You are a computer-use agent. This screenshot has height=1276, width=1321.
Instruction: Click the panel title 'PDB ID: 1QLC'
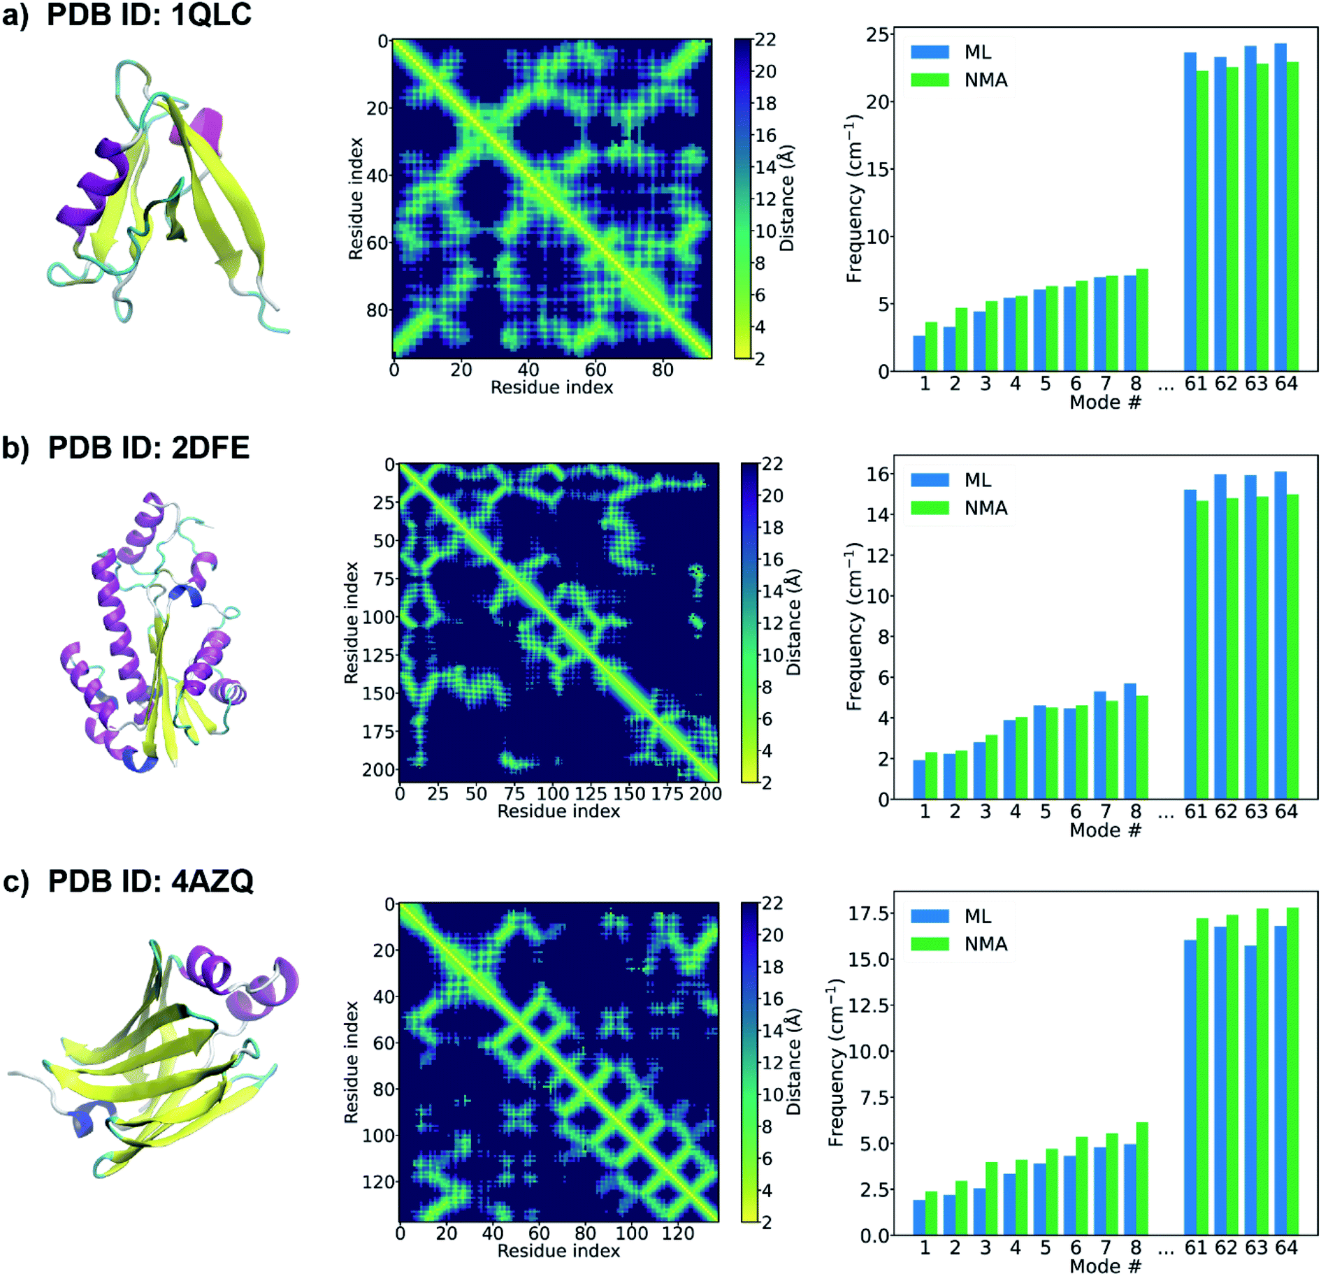(x=148, y=15)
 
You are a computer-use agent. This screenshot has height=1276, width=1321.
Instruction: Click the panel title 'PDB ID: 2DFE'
(x=148, y=448)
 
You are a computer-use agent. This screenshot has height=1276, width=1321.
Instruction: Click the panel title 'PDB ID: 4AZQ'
(x=150, y=881)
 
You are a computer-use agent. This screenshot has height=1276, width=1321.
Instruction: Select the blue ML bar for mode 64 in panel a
(x=1280, y=210)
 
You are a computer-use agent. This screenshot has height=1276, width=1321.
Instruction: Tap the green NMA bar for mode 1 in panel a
(x=931, y=347)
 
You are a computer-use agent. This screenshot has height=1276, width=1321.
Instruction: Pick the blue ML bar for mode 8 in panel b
(x=1129, y=742)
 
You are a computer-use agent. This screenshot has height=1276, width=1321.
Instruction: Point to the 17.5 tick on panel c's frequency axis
(x=869, y=913)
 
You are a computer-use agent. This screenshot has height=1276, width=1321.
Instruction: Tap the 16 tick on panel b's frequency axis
(x=878, y=474)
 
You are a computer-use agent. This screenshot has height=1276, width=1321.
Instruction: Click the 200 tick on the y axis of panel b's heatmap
(x=378, y=769)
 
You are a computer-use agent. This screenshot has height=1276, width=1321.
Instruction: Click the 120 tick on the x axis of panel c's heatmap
(x=677, y=1233)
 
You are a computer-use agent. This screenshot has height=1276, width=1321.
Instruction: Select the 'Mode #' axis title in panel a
(x=1105, y=402)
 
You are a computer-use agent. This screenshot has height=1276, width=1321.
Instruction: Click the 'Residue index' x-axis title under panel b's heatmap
(x=558, y=811)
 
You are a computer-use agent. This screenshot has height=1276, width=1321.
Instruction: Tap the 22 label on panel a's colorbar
(x=765, y=40)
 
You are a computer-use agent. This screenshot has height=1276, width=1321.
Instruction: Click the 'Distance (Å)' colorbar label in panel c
(x=793, y=1061)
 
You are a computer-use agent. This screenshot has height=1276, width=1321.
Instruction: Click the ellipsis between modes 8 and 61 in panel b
(x=1166, y=813)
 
